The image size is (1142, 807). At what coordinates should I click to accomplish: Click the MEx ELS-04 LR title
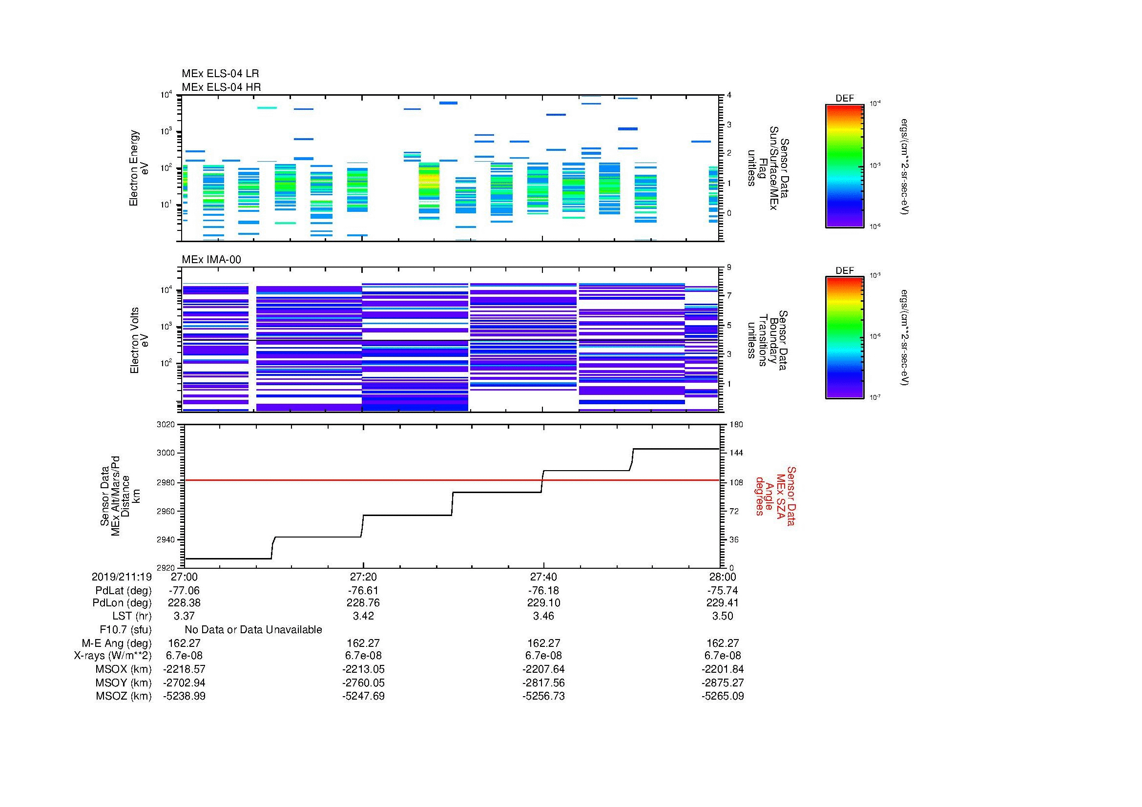pos(220,74)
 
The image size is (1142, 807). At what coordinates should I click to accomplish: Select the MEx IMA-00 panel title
pos(211,260)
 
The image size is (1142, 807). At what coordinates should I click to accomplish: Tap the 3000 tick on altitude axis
pos(166,453)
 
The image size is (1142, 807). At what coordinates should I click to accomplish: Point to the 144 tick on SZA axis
pos(736,453)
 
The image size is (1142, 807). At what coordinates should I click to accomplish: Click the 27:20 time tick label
pos(363,577)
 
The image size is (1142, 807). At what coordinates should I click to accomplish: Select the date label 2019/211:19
pos(122,577)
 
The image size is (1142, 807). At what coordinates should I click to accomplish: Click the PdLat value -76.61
pos(363,591)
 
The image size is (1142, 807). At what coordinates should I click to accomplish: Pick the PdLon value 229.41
pos(722,603)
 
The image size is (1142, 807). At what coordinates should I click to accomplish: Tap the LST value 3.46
pos(543,616)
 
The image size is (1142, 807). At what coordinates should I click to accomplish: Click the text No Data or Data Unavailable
pos(253,630)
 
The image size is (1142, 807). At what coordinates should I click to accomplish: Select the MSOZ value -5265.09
pos(722,696)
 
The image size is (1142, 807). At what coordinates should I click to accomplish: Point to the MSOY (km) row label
pos(124,683)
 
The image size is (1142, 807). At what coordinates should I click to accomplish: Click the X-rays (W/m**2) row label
pos(113,656)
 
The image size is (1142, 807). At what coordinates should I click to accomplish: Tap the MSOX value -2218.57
pos(184,669)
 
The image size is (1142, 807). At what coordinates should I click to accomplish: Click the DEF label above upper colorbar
pos(844,99)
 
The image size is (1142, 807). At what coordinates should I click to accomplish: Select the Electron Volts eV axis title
pos(139,340)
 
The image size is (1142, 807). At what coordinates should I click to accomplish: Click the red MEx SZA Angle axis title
pos(775,496)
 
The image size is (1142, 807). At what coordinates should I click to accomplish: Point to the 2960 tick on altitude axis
pos(166,511)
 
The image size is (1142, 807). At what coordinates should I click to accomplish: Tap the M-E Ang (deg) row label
pos(116,643)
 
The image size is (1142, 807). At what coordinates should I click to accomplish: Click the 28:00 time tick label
pos(722,577)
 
